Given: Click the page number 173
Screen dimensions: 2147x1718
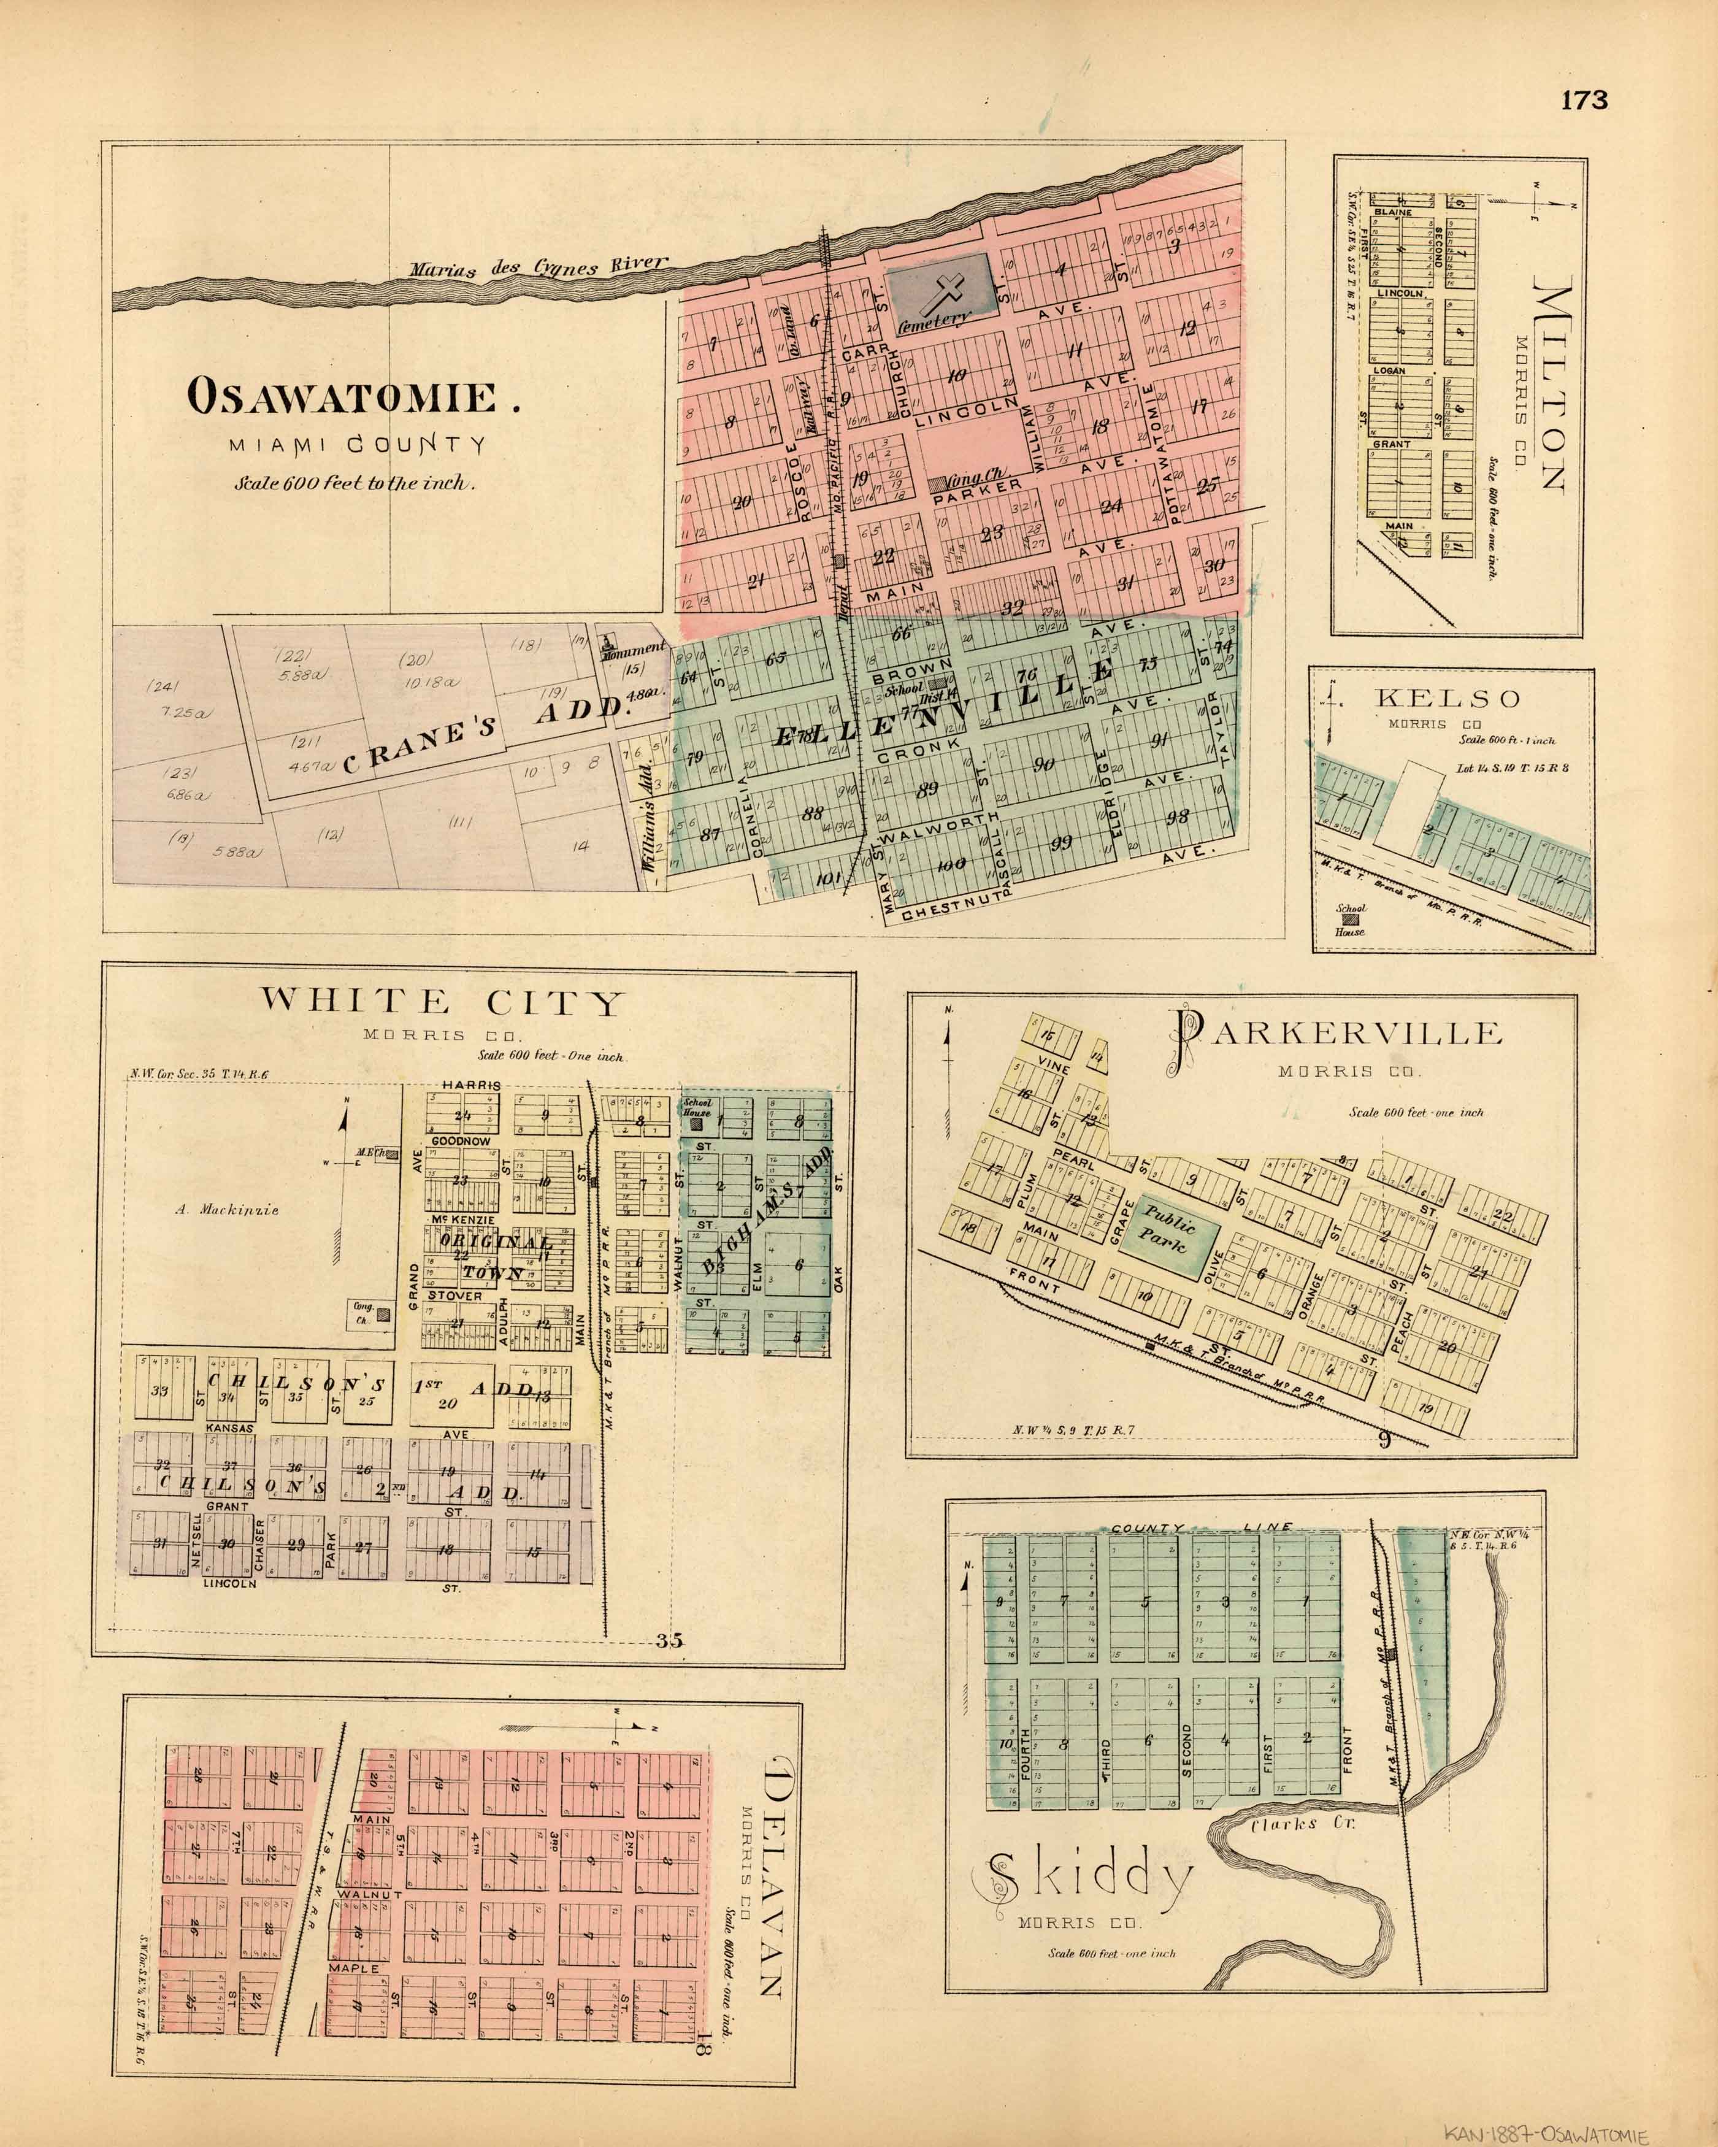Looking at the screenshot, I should (x=1584, y=101).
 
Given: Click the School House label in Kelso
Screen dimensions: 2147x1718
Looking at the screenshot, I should (x=1351, y=919).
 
